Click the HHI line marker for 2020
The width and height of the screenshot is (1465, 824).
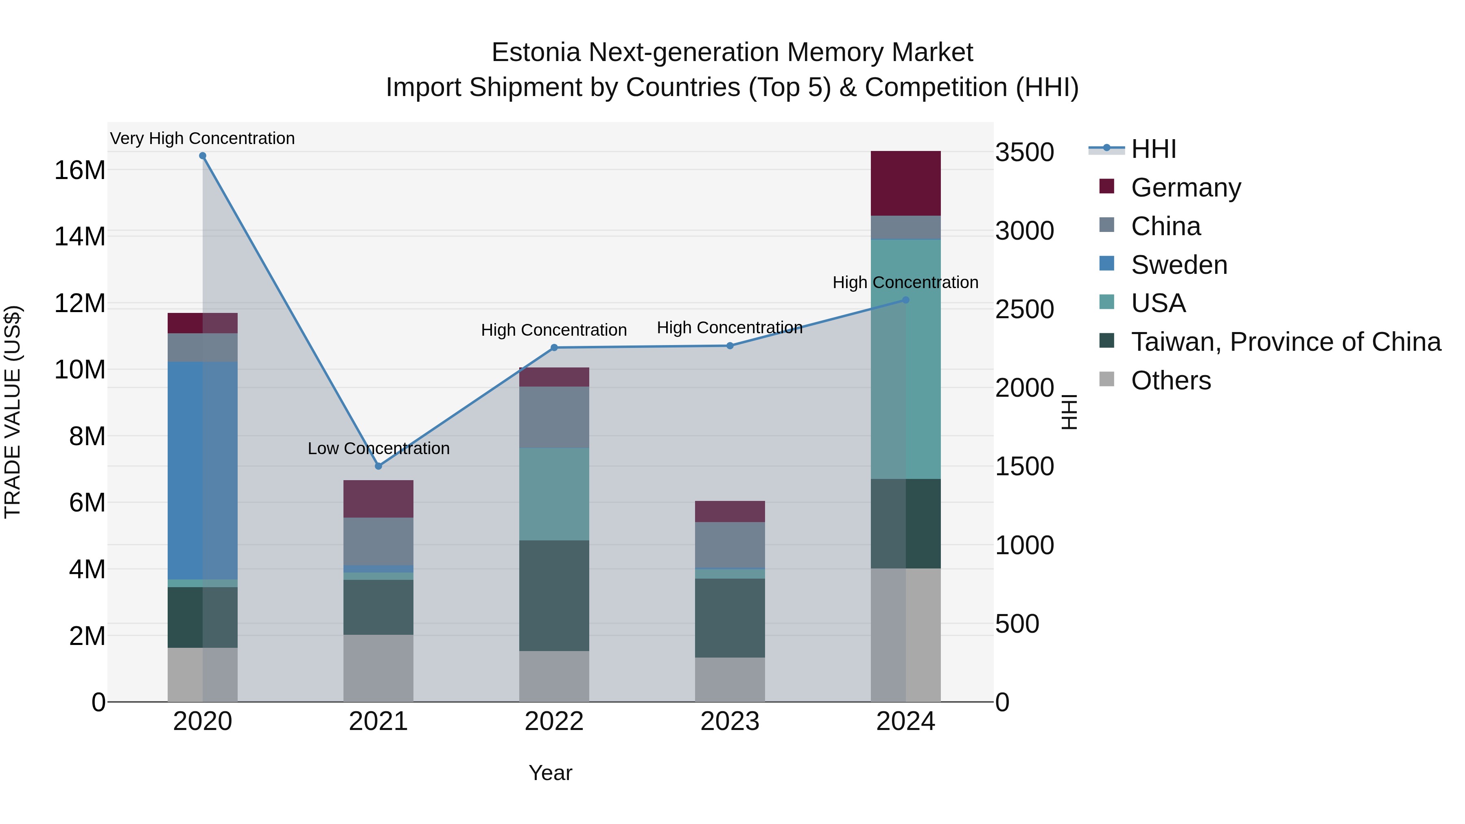click(x=203, y=156)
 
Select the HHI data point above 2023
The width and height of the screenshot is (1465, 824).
click(x=730, y=346)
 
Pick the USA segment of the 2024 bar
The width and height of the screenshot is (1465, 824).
click(x=905, y=359)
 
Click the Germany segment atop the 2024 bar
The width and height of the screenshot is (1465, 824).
click(x=905, y=183)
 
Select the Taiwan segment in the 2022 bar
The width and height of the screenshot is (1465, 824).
click(x=554, y=595)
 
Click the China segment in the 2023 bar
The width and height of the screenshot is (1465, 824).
click(x=730, y=545)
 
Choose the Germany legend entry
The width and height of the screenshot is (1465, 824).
click(x=1186, y=188)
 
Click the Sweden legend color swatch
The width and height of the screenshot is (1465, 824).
click(x=1107, y=264)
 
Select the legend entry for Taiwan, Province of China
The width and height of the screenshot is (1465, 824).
click(x=1285, y=342)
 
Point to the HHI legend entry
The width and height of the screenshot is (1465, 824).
click(x=1153, y=149)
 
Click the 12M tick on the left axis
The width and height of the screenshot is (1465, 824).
click(x=80, y=304)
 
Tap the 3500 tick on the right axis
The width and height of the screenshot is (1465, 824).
click(x=1024, y=153)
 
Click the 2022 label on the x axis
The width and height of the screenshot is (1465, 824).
click(x=554, y=721)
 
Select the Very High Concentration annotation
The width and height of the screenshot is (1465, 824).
click(x=203, y=138)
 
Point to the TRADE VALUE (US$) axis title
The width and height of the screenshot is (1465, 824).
click(x=13, y=412)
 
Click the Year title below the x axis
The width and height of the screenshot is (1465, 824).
click(x=550, y=773)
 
